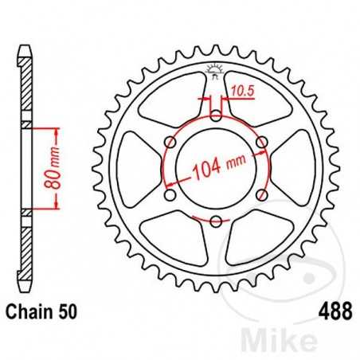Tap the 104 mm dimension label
pyautogui.click(x=217, y=169)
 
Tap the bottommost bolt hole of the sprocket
pyautogui.click(x=217, y=221)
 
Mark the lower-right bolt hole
pyautogui.click(x=262, y=196)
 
